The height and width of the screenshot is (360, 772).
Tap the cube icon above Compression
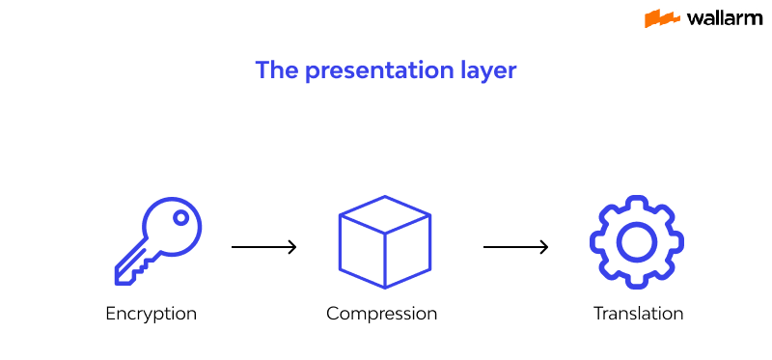pyautogui.click(x=384, y=242)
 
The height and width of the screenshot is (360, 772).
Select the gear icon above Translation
pyautogui.click(x=636, y=241)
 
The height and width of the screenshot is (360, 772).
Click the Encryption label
pyautogui.click(x=152, y=314)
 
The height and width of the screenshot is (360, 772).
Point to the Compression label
pyautogui.click(x=381, y=314)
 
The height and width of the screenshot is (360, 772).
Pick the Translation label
pyautogui.click(x=638, y=314)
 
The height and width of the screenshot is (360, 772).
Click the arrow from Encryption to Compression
pyautogui.click(x=263, y=248)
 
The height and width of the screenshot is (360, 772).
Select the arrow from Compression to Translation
pyautogui.click(x=515, y=248)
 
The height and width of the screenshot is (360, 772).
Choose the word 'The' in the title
pyautogui.click(x=275, y=70)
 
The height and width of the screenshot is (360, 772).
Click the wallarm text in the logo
pyautogui.click(x=724, y=18)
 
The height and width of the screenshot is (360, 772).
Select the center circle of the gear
pyautogui.click(x=636, y=241)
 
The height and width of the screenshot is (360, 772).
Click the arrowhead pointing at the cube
pyautogui.click(x=291, y=248)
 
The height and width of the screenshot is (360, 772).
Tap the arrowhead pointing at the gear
pyautogui.click(x=543, y=248)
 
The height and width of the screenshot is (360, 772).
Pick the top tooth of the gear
pyautogui.click(x=636, y=203)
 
